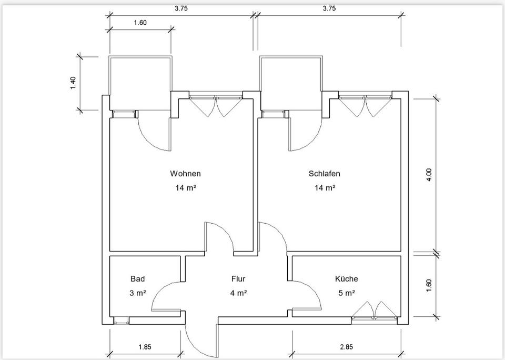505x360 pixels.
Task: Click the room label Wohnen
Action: click(x=185, y=173)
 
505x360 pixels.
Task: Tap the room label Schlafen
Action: click(x=325, y=173)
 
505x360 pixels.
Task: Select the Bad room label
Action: click(x=137, y=278)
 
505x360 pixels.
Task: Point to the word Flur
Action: click(x=238, y=278)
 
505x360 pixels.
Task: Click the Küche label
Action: click(x=346, y=278)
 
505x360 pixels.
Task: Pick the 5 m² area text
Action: click(x=346, y=293)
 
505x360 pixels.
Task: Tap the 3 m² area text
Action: click(x=137, y=293)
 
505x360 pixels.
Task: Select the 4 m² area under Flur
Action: click(x=238, y=293)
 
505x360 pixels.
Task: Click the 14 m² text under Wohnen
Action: click(x=186, y=187)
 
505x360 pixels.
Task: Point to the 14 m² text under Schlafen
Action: click(x=325, y=187)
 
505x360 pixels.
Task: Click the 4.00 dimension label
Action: click(x=429, y=175)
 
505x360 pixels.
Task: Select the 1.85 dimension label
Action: click(x=145, y=347)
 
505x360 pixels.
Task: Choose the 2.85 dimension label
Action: click(x=346, y=347)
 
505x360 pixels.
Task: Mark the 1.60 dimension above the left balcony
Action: click(x=140, y=23)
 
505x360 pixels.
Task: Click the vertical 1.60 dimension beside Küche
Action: click(x=429, y=286)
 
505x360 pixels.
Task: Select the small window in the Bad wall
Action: click(x=122, y=321)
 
